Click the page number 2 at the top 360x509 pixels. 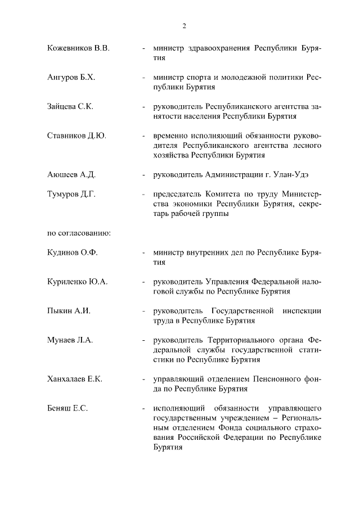click(184, 26)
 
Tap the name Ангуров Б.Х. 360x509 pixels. click(71, 78)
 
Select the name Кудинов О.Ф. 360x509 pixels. click(73, 253)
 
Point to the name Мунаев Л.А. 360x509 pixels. click(70, 340)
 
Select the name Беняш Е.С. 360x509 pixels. click(67, 408)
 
